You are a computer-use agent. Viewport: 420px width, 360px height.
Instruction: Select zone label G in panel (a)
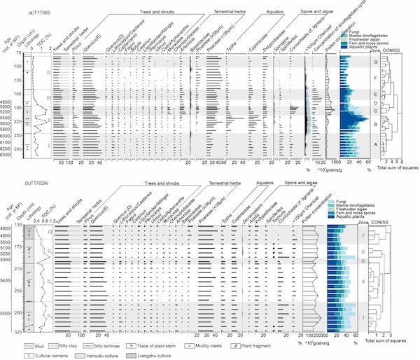click(x=377, y=63)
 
